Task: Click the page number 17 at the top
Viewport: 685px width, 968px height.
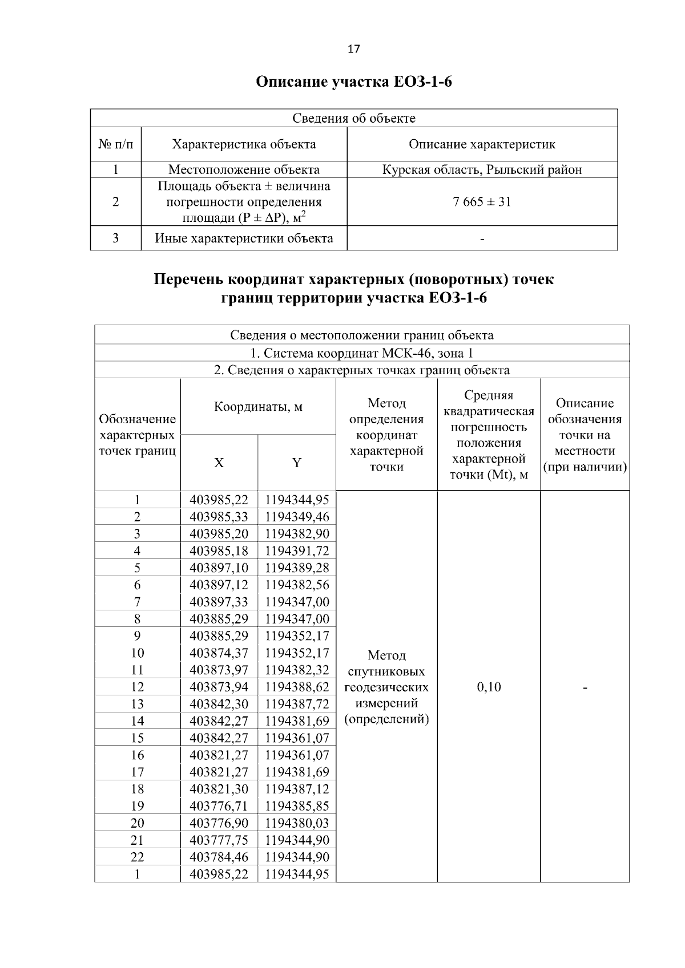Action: click(x=353, y=49)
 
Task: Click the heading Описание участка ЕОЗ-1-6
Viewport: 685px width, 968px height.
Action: click(x=353, y=82)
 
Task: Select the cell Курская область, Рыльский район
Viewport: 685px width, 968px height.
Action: click(x=482, y=169)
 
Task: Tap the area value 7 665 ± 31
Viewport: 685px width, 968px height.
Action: click(x=482, y=201)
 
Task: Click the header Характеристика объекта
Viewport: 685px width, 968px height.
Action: click(x=244, y=144)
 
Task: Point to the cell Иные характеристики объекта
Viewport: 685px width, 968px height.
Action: click(x=244, y=238)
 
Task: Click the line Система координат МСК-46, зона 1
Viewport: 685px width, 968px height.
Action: click(x=361, y=353)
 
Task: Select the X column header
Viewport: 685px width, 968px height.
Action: click(x=219, y=463)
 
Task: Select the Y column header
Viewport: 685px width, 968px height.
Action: click(x=296, y=463)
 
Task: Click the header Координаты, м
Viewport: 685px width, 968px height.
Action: click(x=258, y=407)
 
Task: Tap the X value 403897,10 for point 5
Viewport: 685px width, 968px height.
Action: click(x=219, y=568)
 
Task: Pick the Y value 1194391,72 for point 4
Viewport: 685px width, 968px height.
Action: click(x=297, y=551)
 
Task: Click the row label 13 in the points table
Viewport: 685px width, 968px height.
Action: click(x=137, y=704)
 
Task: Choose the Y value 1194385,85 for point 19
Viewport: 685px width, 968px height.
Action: click(x=297, y=806)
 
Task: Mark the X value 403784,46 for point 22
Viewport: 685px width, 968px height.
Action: click(x=219, y=857)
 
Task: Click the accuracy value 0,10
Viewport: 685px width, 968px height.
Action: click(x=489, y=687)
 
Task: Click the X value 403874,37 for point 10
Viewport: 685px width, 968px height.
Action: click(x=219, y=653)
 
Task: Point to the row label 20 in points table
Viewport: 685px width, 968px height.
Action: click(x=137, y=823)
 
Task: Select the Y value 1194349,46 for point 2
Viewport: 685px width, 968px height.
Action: click(x=297, y=517)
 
